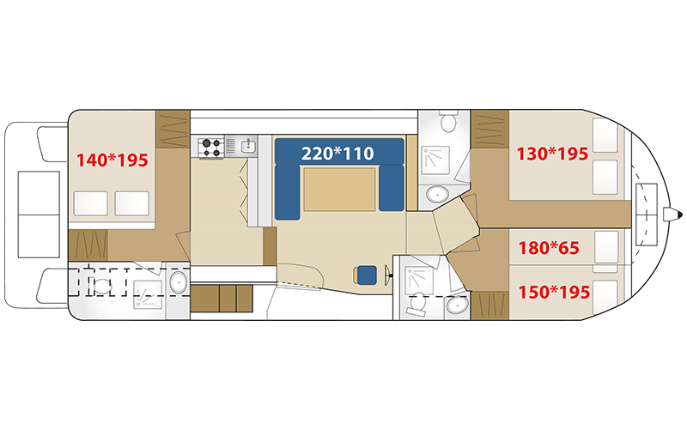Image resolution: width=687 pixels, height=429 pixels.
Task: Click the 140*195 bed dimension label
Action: tap(112, 160)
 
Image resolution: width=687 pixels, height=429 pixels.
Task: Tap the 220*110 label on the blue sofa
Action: tap(337, 154)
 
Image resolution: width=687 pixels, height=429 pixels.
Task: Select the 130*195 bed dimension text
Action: tap(552, 154)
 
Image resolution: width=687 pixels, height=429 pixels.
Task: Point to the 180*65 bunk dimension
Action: tap(549, 248)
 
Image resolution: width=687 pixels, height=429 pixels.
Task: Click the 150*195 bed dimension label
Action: tap(554, 292)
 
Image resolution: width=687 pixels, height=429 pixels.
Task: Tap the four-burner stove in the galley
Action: tap(210, 147)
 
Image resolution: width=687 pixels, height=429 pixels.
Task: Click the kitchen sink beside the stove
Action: tap(249, 146)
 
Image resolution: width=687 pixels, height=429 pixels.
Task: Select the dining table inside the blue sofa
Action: tap(339, 189)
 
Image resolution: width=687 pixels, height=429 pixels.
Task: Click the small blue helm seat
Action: tap(367, 275)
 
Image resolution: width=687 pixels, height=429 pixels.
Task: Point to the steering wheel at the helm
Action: tap(388, 275)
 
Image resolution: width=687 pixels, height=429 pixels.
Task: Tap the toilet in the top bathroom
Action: tap(448, 120)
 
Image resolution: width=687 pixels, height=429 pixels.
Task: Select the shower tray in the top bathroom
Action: tap(435, 160)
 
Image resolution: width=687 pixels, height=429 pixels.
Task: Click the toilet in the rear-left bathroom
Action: tap(101, 287)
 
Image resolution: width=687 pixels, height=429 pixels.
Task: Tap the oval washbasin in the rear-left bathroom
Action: tap(179, 282)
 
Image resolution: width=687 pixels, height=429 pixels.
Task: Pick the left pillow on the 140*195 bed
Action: tap(91, 203)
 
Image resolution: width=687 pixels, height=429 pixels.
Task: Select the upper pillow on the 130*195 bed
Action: tap(605, 136)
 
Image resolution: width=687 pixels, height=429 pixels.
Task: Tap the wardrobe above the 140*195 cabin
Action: tap(173, 130)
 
